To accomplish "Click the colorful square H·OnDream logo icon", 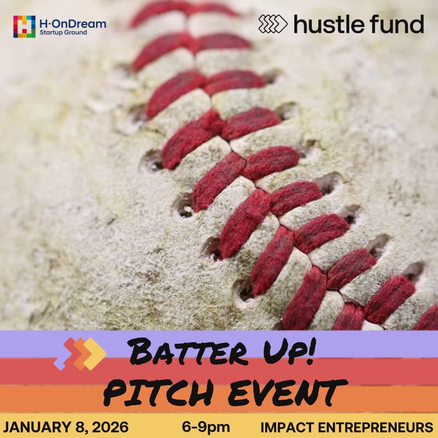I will click(x=24, y=26).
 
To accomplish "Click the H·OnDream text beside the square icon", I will click(x=73, y=23).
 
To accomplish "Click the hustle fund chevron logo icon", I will click(x=273, y=24).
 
